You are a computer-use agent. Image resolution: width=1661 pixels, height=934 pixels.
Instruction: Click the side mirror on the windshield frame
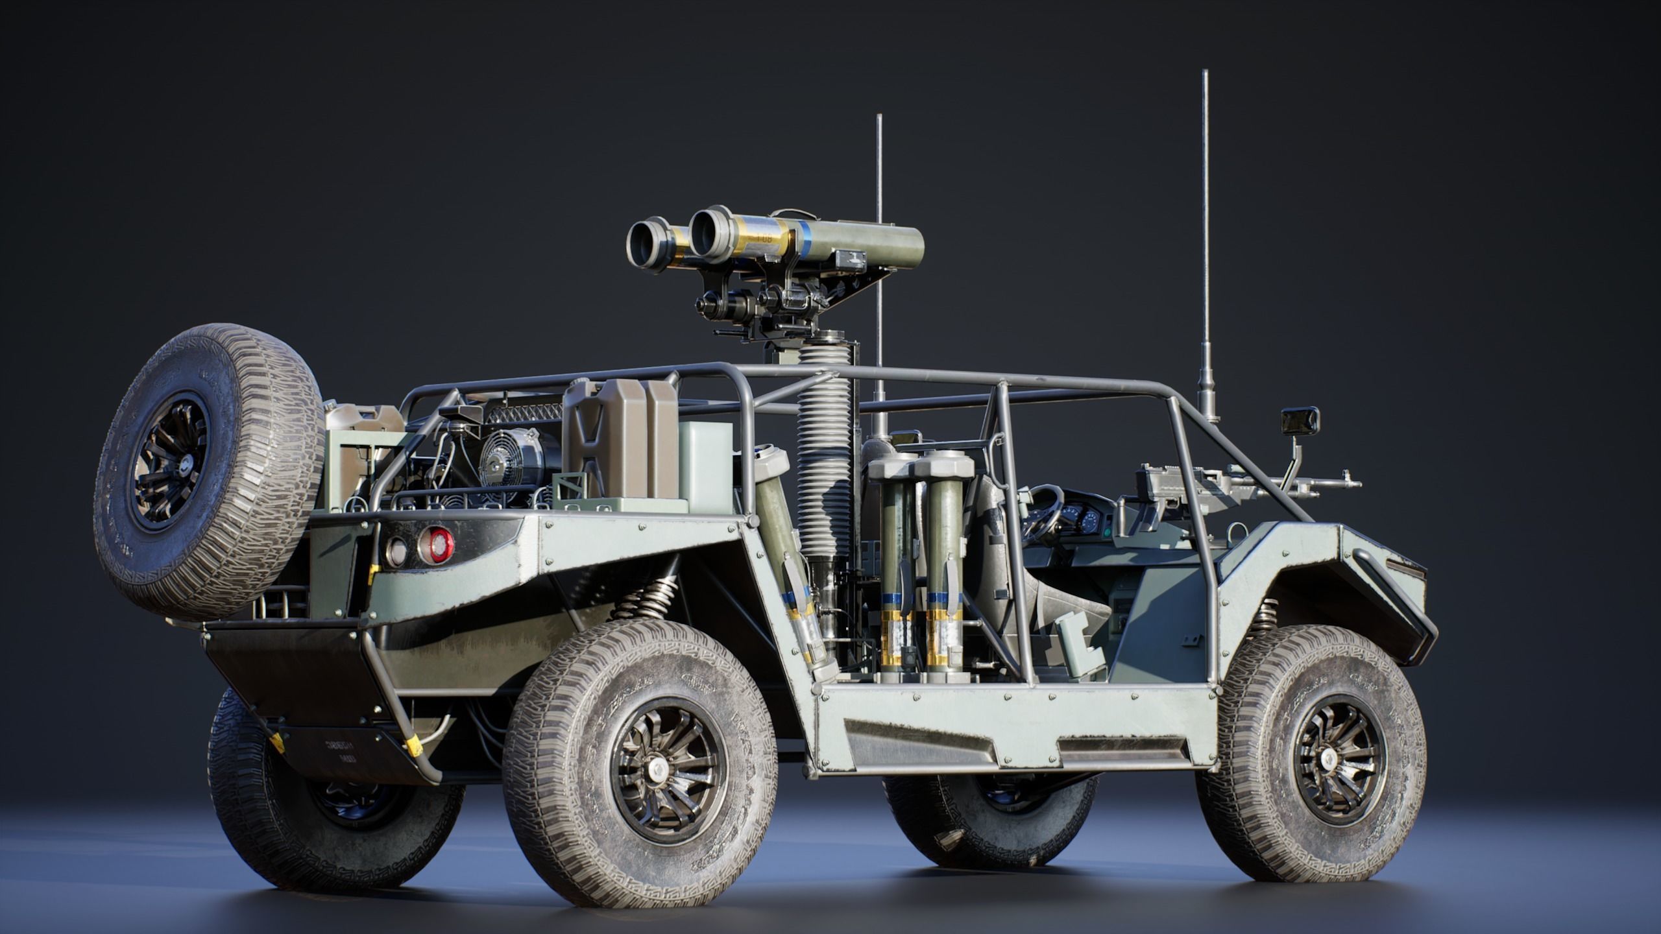pos(1299,421)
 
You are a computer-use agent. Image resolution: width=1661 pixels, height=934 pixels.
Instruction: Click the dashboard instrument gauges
pos(1082,519)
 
